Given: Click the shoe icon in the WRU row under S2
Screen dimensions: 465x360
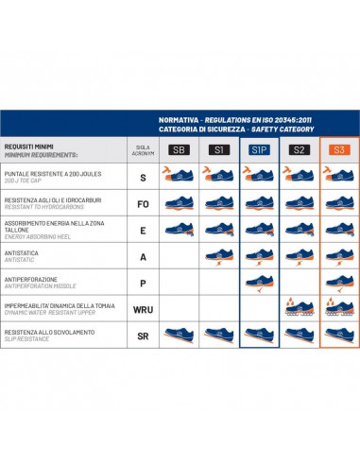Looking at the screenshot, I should pos(299,306).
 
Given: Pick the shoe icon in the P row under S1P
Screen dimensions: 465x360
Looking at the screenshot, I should pos(258,280).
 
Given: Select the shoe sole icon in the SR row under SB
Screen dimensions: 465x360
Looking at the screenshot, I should pos(178,333).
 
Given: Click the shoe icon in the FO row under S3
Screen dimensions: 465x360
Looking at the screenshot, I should pos(337,201).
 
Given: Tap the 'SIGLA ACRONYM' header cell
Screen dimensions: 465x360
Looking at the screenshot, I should pos(142,150).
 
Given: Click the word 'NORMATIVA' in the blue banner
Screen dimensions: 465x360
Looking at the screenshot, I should pos(180,119).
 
